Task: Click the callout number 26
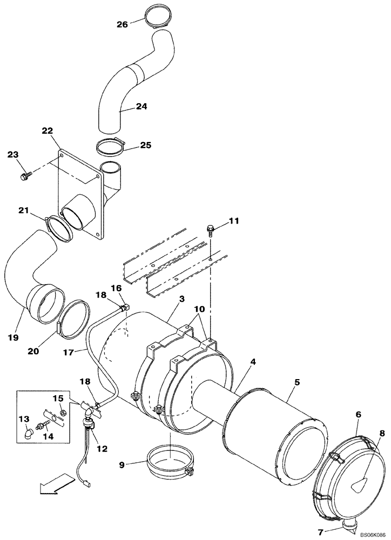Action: coord(123,24)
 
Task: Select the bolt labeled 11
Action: coord(211,231)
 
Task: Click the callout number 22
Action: coord(48,131)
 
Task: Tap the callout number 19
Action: coord(13,337)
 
